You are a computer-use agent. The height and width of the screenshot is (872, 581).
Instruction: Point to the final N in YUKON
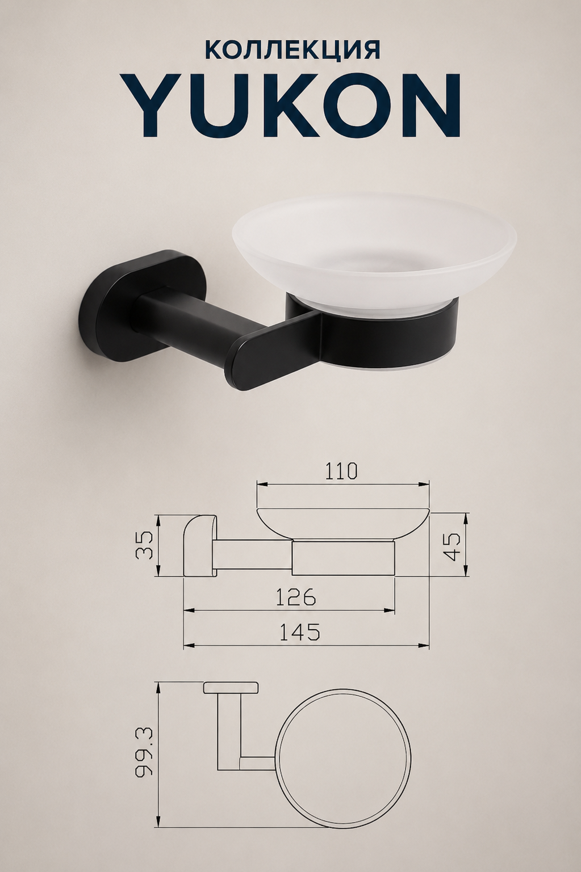(429, 105)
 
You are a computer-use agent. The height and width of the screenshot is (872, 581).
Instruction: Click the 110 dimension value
(340, 471)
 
